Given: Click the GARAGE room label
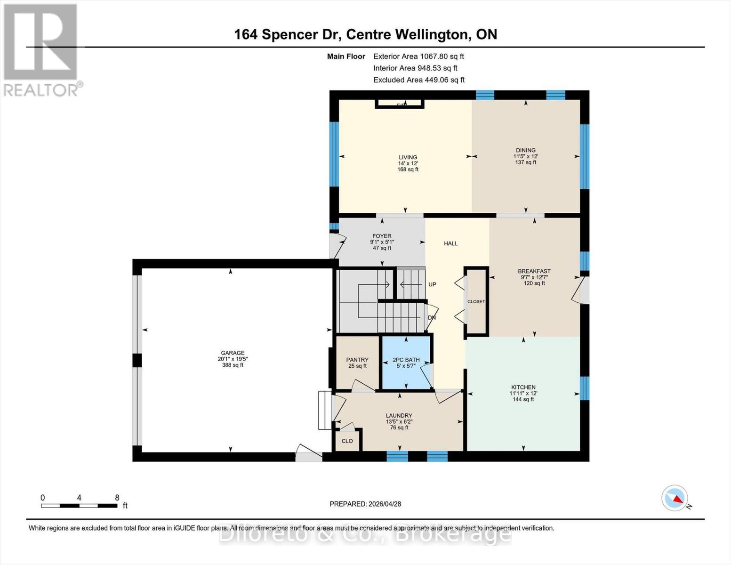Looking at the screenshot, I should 233,353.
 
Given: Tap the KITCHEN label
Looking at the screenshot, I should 522,387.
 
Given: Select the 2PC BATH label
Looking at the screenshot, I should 406,360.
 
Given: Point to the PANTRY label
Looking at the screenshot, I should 357,360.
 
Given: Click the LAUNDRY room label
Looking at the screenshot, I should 399,415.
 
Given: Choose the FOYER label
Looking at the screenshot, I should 382,236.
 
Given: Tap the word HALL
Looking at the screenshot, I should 450,243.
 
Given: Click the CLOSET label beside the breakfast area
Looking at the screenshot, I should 476,301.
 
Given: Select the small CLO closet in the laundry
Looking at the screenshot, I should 347,441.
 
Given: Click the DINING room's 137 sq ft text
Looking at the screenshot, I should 526,162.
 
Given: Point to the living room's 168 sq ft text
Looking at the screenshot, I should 408,169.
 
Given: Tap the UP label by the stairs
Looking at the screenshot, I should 432,284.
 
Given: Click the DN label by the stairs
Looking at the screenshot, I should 432,318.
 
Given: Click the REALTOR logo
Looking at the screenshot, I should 41,49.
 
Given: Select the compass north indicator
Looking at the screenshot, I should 675,498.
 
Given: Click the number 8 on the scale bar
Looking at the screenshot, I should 117,498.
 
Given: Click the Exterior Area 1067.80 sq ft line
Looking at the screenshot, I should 418,56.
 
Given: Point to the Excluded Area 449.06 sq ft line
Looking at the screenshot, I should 419,80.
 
